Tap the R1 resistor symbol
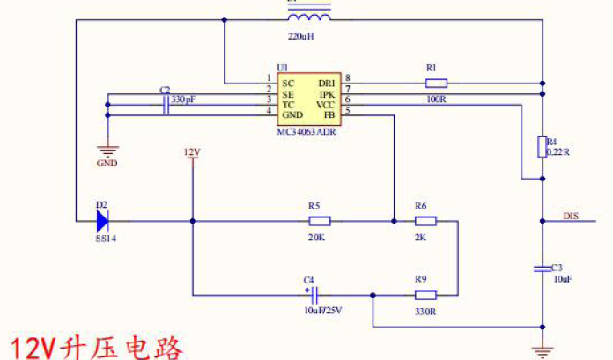click(x=436, y=84)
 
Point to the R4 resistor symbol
click(x=542, y=147)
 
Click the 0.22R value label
click(x=559, y=152)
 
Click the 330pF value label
click(x=183, y=99)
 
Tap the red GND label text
click(x=107, y=163)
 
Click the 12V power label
click(x=191, y=152)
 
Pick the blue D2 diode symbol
click(x=102, y=221)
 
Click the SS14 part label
click(x=105, y=239)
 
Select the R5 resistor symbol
click(x=319, y=221)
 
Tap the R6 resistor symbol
click(x=425, y=221)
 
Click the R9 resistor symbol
click(x=425, y=295)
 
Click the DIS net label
click(x=571, y=215)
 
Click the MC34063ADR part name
click(x=306, y=131)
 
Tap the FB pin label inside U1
click(x=329, y=115)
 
